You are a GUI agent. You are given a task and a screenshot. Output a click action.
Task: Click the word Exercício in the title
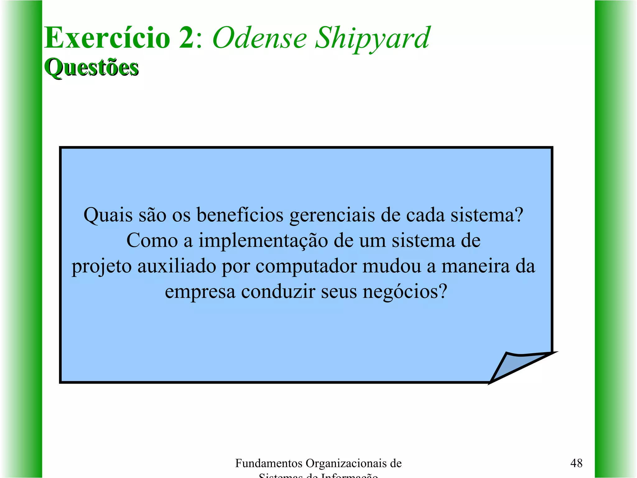[107, 38]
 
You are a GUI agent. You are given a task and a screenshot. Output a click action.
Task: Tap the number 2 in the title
[187, 38]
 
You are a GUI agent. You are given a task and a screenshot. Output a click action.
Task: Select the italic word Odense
[260, 38]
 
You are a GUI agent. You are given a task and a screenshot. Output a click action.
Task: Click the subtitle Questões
[91, 67]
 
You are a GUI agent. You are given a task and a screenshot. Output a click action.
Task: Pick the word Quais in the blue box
[108, 215]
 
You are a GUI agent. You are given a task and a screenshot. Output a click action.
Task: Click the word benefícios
[240, 215]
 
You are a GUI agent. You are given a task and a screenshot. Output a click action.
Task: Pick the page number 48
[576, 463]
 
